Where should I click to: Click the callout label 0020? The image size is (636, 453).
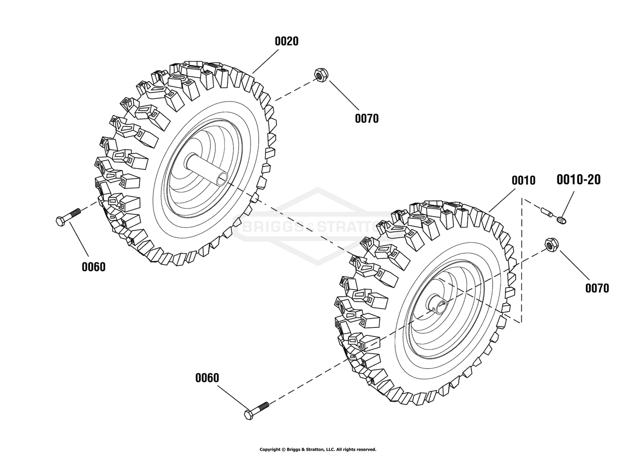click(287, 41)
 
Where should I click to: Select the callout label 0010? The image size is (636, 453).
click(524, 180)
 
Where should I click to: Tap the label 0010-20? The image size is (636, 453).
click(579, 180)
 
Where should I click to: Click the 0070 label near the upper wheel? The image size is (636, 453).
click(367, 118)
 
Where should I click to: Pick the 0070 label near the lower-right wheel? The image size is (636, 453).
click(597, 288)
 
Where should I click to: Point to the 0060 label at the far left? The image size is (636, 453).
click(94, 267)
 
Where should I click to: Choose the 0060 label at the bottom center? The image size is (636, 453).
click(207, 378)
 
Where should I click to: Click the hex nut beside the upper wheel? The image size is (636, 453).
click(321, 75)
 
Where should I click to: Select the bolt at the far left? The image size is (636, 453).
click(68, 217)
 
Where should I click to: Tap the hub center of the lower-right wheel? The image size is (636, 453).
click(438, 306)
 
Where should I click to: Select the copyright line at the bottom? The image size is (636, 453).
click(318, 449)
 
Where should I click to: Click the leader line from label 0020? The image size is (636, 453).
click(265, 62)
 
